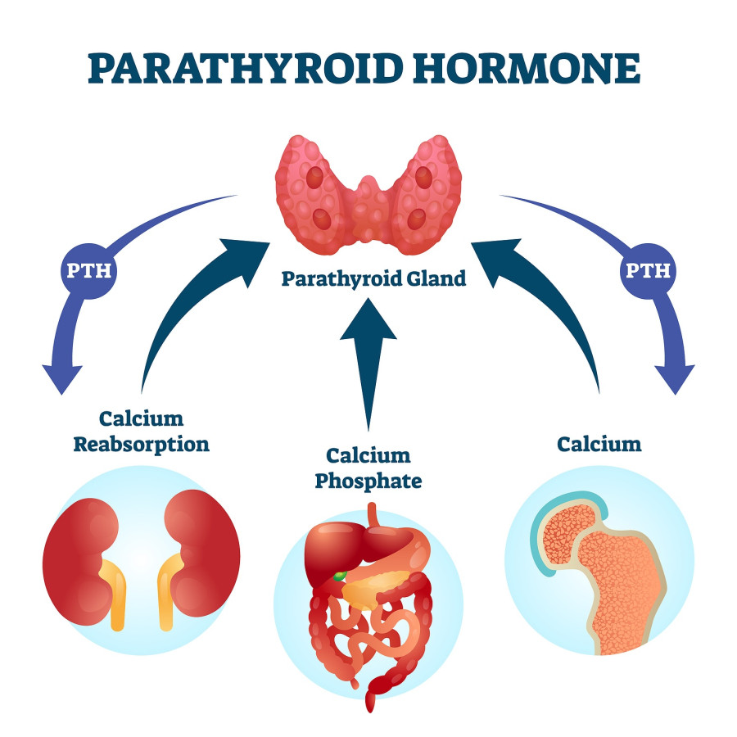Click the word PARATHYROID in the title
coord(246,69)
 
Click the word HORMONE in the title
coord(527,69)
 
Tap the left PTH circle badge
coord(88,271)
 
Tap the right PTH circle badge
coord(649,271)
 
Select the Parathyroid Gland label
coord(373,278)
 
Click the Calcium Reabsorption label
coord(142,432)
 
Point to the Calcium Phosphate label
coord(368,468)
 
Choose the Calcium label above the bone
coord(599,444)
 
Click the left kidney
coord(81,561)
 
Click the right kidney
coord(202,553)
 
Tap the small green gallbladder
coord(340,576)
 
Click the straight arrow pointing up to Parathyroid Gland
coord(368,364)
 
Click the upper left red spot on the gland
coord(314,179)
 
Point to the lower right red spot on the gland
coord(417,219)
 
